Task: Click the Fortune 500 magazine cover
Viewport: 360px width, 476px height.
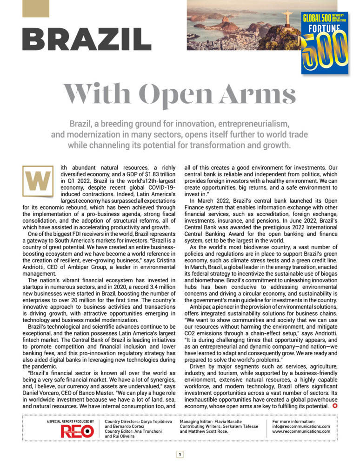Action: point(325,43)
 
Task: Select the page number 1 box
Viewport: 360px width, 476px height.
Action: point(180,455)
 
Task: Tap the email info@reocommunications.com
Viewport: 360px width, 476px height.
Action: point(301,426)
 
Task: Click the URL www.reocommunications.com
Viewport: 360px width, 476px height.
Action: point(301,431)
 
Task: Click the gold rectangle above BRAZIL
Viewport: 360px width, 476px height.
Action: point(36,8)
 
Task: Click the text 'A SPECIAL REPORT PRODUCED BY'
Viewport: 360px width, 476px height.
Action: point(70,421)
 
